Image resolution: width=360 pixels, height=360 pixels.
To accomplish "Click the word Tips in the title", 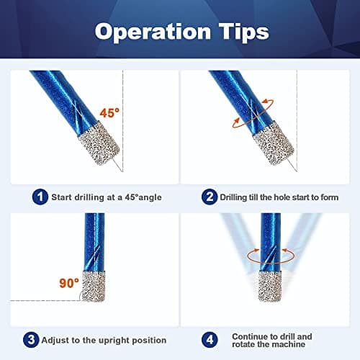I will pyautogui.click(x=240, y=32).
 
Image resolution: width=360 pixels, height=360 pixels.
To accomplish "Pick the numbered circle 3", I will pyautogui.click(x=30, y=339).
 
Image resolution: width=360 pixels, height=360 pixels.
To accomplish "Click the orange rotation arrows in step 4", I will pyautogui.click(x=269, y=253).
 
